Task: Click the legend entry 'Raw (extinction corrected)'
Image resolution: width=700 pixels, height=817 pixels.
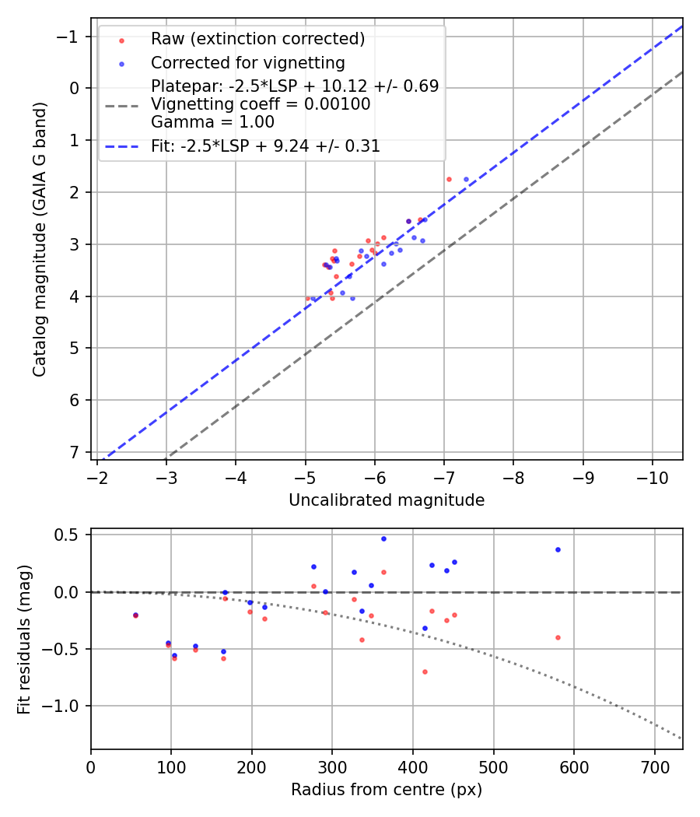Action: pyautogui.click(x=257, y=39)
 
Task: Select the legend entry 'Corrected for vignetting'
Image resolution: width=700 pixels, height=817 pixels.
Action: pyautogui.click(x=247, y=62)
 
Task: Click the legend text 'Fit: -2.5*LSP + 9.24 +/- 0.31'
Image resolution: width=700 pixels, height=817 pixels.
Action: pyautogui.click(x=265, y=146)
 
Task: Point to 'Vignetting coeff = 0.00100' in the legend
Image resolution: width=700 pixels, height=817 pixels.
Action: pyautogui.click(x=261, y=104)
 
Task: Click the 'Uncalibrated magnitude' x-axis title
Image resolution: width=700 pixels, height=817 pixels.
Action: pyautogui.click(x=387, y=500)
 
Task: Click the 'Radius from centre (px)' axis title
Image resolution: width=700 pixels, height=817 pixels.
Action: pyautogui.click(x=387, y=790)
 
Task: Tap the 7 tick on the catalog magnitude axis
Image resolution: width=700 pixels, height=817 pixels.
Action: pyautogui.click(x=75, y=452)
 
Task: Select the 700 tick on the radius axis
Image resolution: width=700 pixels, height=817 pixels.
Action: pyautogui.click(x=654, y=766)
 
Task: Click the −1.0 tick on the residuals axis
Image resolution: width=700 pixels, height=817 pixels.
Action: pyautogui.click(x=68, y=706)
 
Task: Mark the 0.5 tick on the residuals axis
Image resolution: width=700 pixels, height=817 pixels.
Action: pyautogui.click(x=72, y=535)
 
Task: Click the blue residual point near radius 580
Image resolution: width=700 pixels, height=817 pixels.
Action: pyautogui.click(x=558, y=549)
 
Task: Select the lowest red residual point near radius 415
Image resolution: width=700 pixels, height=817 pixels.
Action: pyautogui.click(x=425, y=671)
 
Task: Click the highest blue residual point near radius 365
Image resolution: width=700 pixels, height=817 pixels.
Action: pyautogui.click(x=383, y=538)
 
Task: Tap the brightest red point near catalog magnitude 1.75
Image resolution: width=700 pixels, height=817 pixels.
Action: pyautogui.click(x=449, y=179)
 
